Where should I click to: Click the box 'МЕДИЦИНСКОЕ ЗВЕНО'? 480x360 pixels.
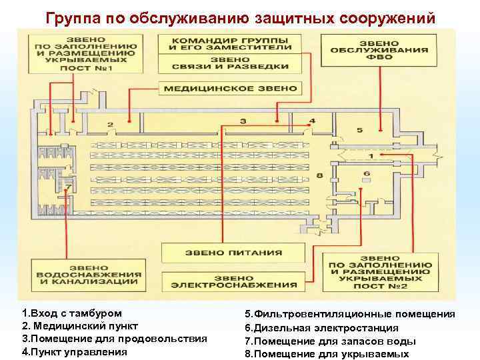231,87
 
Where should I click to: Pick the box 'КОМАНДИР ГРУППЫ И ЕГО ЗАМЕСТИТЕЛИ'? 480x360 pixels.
231,43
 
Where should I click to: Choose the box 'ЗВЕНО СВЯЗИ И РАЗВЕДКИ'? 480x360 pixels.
231,65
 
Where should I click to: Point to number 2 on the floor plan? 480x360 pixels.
110,125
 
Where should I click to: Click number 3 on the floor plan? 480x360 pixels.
243,121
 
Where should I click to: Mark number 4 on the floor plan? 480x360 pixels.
312,121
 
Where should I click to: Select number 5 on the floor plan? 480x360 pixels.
359,129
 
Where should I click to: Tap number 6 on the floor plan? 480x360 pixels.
366,173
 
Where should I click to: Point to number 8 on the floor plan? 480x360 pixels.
320,175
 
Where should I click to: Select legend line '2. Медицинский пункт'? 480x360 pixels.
80,326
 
